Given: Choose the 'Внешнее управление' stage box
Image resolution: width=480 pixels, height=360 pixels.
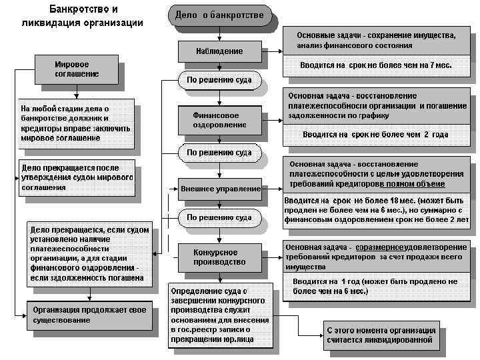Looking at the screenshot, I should click(x=220, y=189).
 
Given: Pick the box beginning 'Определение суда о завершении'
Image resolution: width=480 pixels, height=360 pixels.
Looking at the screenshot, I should click(x=220, y=315).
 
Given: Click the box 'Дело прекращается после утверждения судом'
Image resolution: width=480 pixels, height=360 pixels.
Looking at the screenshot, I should click(x=77, y=178).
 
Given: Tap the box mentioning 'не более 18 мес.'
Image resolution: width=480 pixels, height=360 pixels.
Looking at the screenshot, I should click(x=377, y=209).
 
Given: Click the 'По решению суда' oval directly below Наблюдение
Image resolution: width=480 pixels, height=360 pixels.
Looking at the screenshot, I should click(x=219, y=81).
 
